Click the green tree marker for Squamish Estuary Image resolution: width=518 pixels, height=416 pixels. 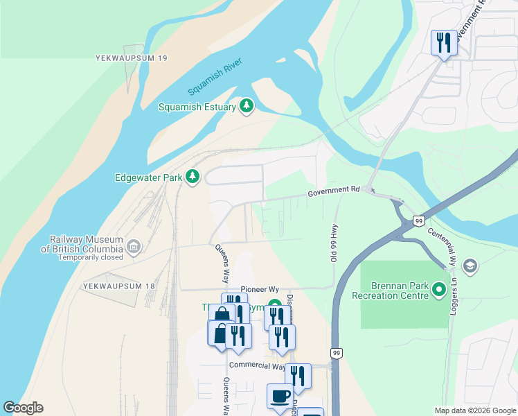coord(246,106)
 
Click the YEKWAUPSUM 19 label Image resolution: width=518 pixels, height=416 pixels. coord(132,59)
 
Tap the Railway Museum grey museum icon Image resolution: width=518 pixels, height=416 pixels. coord(134,246)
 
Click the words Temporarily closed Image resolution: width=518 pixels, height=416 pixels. coord(91,257)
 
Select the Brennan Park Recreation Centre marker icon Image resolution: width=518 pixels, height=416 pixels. coord(438,289)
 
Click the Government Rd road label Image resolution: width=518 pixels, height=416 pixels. coord(334,189)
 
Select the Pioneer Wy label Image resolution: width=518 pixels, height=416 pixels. coord(260,289)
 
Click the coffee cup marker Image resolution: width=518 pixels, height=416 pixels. coord(280,396)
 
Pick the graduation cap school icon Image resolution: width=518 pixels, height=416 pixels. coord(470,266)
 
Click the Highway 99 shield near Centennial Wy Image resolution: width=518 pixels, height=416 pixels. coord(418,220)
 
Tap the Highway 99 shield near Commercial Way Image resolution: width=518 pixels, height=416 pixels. coord(336,353)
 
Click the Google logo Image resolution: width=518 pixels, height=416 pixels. coord(23,408)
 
